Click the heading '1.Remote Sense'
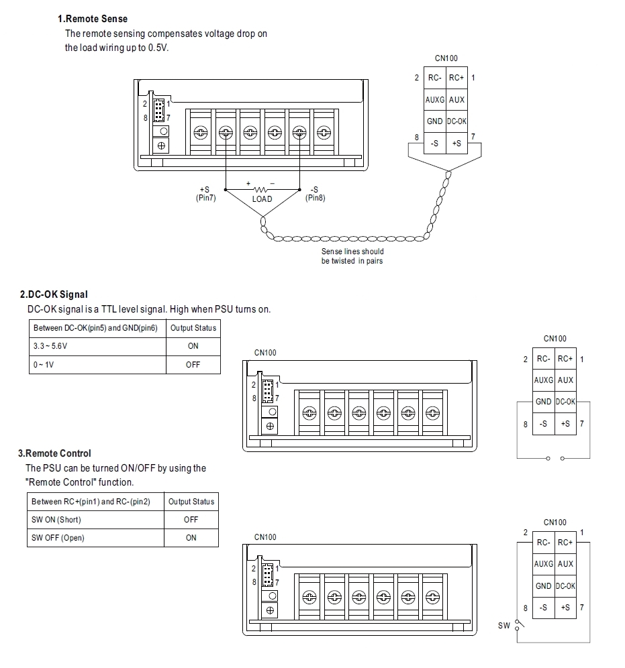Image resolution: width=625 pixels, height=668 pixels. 93,19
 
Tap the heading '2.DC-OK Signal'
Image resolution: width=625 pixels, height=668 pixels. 54,294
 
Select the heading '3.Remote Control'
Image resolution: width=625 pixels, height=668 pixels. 54,453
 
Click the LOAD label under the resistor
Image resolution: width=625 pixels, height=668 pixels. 262,199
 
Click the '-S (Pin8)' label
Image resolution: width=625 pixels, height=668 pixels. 315,194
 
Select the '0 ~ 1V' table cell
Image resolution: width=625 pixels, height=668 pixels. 44,365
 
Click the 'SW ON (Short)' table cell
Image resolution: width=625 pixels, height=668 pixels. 56,520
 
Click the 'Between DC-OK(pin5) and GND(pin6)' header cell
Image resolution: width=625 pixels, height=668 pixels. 97,328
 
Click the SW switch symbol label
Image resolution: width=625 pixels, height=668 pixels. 504,626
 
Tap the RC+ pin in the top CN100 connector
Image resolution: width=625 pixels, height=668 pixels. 456,78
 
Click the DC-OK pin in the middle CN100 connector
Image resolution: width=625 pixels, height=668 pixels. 566,402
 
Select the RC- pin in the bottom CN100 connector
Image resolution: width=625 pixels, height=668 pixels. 544,543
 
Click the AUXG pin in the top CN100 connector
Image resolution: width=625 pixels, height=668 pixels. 434,100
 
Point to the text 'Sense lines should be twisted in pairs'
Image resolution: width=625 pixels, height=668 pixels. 352,256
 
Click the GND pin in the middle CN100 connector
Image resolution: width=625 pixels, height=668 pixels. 544,402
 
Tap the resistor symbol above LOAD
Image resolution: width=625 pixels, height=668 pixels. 262,189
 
